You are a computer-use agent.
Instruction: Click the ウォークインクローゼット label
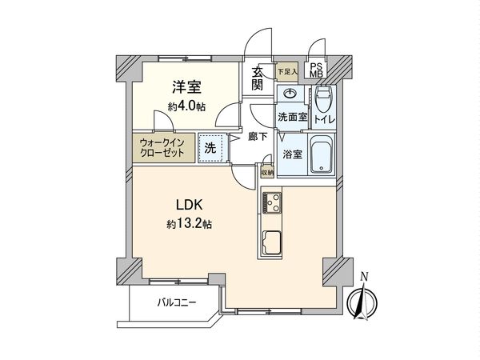tap(162, 149)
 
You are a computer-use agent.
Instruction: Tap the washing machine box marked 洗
tap(210, 148)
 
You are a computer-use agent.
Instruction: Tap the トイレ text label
tap(325, 120)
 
